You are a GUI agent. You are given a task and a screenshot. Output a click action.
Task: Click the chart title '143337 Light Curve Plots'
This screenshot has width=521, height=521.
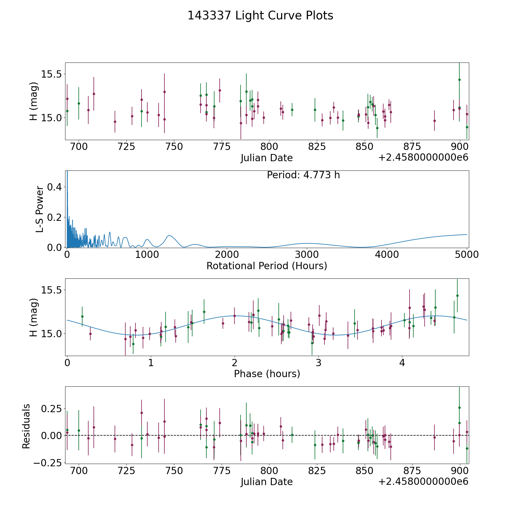[260, 16]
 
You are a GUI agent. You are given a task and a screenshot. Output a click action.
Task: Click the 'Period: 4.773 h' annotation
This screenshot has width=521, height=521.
[303, 175]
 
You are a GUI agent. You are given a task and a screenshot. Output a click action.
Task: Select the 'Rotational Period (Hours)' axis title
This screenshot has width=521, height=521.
[267, 266]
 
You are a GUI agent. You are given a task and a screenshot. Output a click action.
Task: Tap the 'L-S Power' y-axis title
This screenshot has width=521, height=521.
[40, 209]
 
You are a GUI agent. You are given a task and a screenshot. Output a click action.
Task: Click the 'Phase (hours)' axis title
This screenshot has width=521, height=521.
[267, 374]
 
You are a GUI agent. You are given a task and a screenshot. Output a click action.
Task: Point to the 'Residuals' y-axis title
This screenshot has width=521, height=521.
[26, 426]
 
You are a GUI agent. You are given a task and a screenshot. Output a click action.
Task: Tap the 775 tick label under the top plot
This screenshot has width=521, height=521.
[221, 147]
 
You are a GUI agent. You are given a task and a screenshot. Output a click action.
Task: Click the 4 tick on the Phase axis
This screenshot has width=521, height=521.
[402, 363]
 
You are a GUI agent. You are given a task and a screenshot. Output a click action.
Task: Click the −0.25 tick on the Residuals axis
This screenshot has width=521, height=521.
[48, 463]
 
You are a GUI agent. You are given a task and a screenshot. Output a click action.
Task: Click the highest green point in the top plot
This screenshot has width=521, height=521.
[459, 80]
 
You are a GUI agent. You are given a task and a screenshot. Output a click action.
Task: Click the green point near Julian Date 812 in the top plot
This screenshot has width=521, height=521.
[292, 110]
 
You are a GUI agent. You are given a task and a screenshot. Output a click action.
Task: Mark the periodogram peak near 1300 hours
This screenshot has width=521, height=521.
[169, 236]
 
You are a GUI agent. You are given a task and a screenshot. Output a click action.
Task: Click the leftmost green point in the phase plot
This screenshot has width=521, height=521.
[82, 316]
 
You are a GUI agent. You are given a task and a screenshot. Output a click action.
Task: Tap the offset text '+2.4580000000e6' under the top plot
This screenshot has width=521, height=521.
[423, 157]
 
